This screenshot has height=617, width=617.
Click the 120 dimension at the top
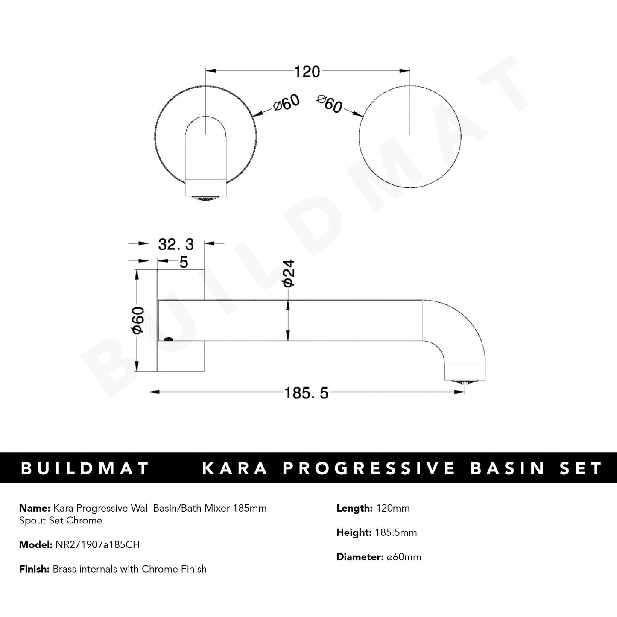307,71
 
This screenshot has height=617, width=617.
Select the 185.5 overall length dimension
307,392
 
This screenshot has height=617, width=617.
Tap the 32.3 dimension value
176,244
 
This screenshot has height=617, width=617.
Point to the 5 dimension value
184,262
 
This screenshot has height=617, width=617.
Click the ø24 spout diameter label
289,273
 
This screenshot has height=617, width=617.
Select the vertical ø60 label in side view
138,320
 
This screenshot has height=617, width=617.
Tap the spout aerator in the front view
206,197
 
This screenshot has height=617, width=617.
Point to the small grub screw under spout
169,339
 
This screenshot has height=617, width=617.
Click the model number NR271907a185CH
97,544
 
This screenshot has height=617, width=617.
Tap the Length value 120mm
392,508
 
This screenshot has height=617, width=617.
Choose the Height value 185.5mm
396,532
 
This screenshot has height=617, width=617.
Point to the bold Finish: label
35,569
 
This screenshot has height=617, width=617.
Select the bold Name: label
34,508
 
